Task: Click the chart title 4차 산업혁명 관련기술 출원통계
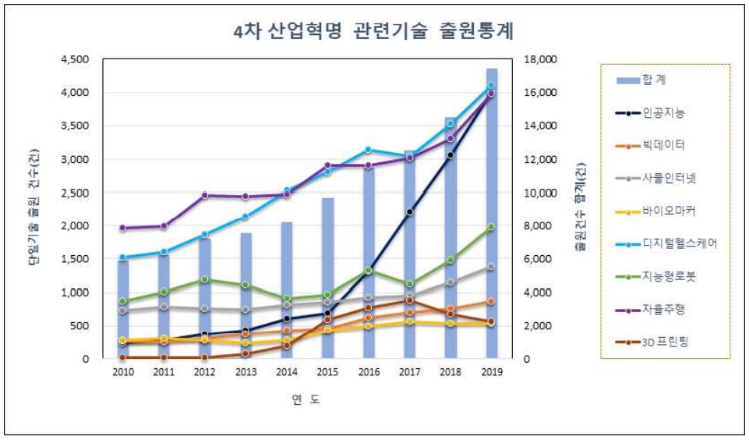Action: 373,32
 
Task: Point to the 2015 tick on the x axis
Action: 327,373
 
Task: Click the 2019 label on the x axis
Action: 491,373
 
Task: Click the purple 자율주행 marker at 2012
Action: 205,195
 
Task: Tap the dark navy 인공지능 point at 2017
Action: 409,211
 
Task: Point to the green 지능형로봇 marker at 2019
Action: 491,227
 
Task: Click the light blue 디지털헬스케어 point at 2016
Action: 369,150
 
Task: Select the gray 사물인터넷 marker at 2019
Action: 491,267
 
